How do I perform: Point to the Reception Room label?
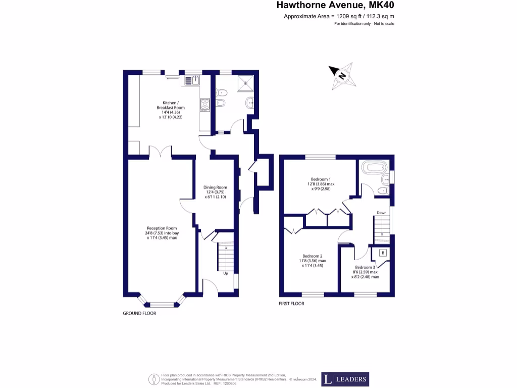click(x=162, y=232)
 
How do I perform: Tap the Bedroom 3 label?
click(x=365, y=272)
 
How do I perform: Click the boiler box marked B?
click(x=383, y=253)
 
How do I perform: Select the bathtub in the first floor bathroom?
click(x=373, y=167)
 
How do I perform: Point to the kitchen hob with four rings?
click(x=205, y=105)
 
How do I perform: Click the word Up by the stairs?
click(x=226, y=273)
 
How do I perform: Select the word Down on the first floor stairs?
click(x=382, y=213)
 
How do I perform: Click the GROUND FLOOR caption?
click(x=140, y=313)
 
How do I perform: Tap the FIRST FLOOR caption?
click(x=292, y=304)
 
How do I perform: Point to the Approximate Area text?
click(x=339, y=17)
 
